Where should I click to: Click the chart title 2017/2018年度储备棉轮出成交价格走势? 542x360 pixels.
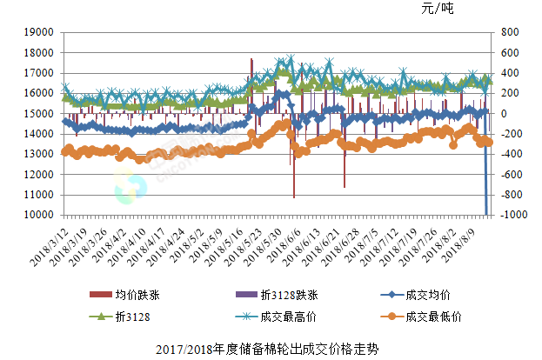[270, 350]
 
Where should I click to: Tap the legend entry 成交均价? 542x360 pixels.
[426, 293]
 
